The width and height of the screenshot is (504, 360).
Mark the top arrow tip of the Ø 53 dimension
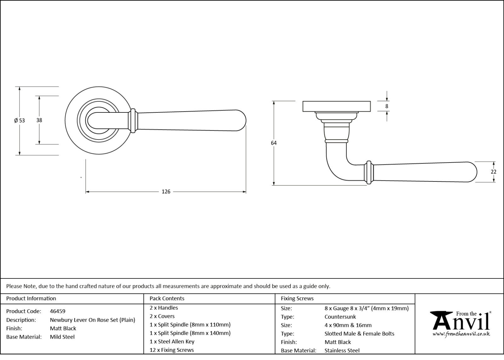pyautogui.click(x=20, y=87)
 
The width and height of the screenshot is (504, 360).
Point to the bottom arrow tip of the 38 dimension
pyautogui.click(x=39, y=144)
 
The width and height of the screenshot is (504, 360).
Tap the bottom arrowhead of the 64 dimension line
pyautogui.click(x=274, y=185)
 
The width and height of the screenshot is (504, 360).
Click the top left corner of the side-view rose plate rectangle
pyautogui.click(x=303, y=101)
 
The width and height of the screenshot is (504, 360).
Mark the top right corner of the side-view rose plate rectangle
pyautogui.click(x=370, y=101)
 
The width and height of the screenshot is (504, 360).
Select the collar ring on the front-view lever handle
pyautogui.click(x=133, y=121)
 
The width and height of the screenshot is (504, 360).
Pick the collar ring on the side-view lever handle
pyautogui.click(x=369, y=172)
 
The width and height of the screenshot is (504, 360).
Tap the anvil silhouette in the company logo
pyautogui.click(x=441, y=321)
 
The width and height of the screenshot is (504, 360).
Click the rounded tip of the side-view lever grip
pyautogui.click(x=472, y=172)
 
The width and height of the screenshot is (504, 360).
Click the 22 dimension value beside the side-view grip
pyautogui.click(x=493, y=172)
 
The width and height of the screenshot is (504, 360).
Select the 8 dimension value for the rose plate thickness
pyautogui.click(x=387, y=106)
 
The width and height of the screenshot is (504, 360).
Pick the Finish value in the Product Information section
pyautogui.click(x=63, y=328)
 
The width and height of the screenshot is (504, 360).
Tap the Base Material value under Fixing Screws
pyautogui.click(x=342, y=350)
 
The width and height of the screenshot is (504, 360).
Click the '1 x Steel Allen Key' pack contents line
pyautogui.click(x=172, y=341)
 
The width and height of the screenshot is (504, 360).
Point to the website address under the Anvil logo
pyautogui.click(x=461, y=334)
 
